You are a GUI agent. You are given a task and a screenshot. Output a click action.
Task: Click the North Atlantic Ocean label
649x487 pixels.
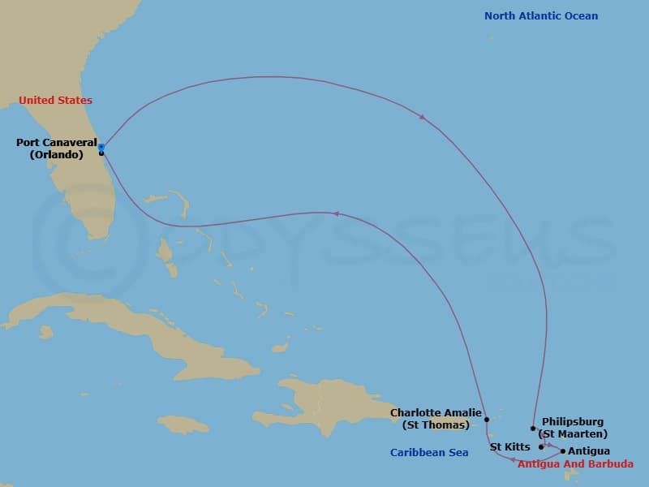point(541,16)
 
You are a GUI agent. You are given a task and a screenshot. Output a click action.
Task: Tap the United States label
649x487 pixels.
point(55,101)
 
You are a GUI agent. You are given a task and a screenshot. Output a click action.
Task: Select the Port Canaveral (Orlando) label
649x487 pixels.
point(56,149)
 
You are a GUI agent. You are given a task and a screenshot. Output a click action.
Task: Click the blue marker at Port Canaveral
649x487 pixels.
point(101,147)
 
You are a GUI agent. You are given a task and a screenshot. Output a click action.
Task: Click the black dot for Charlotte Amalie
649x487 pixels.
point(487,420)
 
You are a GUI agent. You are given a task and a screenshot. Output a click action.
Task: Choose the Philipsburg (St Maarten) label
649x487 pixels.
point(574,428)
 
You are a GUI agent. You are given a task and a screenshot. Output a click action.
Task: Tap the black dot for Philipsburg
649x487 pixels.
point(533,428)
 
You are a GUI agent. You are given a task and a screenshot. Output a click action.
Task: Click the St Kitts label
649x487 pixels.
point(510,447)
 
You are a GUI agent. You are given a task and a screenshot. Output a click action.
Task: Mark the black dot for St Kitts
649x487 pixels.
point(541,446)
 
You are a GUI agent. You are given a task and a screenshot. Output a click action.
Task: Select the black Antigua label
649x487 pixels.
point(589,451)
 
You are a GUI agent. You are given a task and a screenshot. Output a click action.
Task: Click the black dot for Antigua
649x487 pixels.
point(563,450)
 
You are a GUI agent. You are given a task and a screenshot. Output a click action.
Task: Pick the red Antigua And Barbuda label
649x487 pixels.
point(575,464)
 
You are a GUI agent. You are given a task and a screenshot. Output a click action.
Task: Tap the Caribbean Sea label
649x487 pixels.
point(429,453)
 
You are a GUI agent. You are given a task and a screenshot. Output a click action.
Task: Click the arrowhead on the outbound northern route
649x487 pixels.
point(423,118)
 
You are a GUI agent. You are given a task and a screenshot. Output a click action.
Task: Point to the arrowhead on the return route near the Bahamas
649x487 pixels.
point(335,213)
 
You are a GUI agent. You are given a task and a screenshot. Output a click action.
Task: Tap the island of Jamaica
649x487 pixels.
point(183,424)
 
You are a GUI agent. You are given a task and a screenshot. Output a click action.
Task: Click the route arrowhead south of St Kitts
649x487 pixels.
point(514,460)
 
